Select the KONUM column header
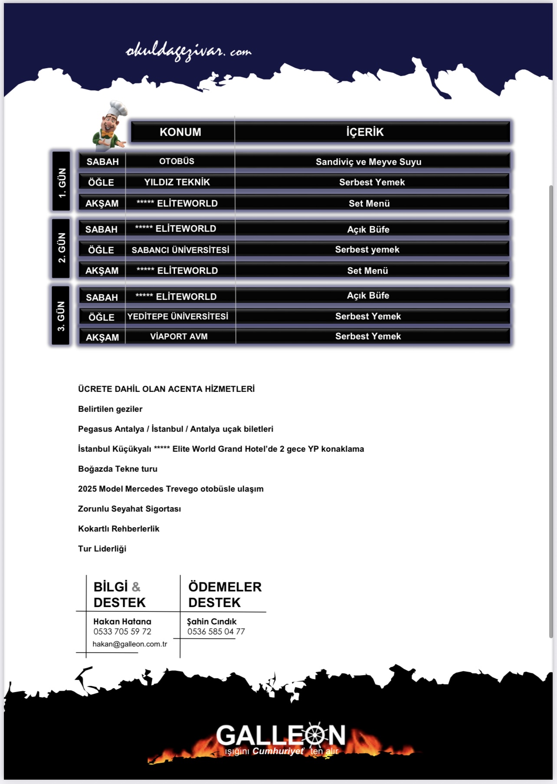click(180, 132)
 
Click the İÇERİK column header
click(365, 132)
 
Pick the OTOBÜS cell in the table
click(177, 161)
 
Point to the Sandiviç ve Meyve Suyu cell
click(368, 162)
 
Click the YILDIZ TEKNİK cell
click(177, 182)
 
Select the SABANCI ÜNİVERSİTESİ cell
click(180, 250)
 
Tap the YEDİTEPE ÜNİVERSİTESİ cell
click(178, 316)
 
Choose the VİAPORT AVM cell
click(179, 336)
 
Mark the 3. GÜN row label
click(61, 316)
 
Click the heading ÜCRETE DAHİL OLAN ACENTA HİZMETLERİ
click(166, 389)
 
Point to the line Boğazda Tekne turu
click(118, 469)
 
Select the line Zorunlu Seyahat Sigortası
click(129, 508)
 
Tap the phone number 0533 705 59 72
click(122, 631)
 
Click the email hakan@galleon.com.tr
click(130, 644)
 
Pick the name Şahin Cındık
click(212, 621)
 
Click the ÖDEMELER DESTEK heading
click(225, 594)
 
